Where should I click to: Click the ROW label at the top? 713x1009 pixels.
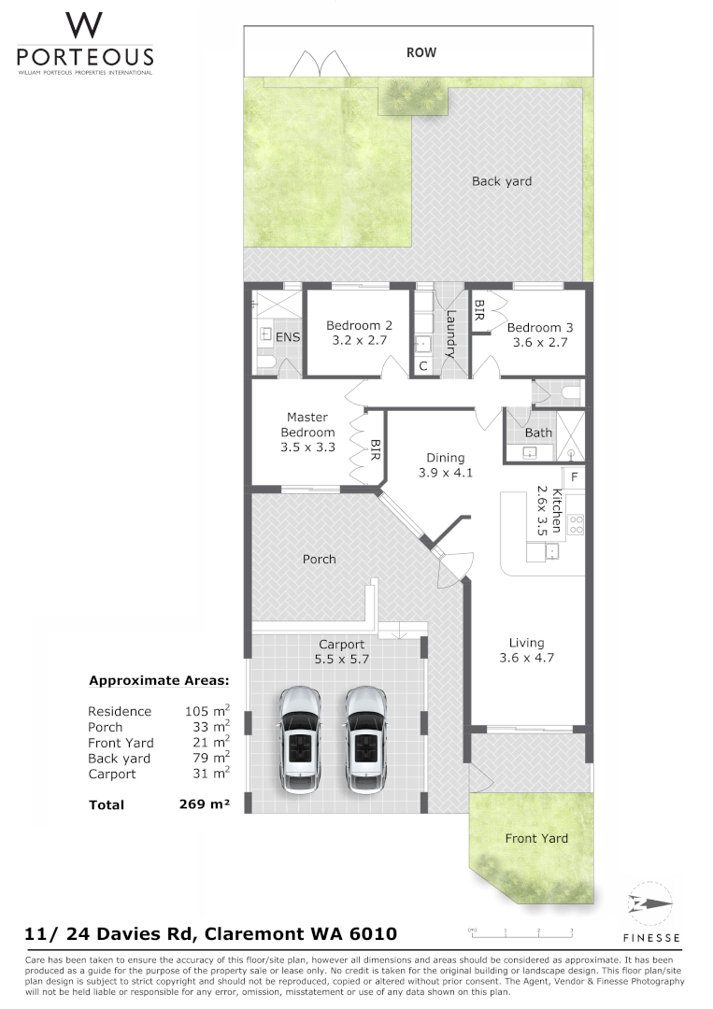pos(421,53)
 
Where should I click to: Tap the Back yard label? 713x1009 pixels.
pos(502,181)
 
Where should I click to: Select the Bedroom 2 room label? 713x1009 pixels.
pos(359,325)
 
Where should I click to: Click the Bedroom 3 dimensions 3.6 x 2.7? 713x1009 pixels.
pos(538,343)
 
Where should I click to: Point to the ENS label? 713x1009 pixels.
pos(287,337)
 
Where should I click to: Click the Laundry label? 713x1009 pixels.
pos(449,334)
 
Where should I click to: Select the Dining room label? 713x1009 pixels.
pos(445,458)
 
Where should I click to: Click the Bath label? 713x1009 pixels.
pos(538,433)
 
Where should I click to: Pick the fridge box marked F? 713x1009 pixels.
pos(574,477)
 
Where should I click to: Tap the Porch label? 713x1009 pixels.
pos(319,559)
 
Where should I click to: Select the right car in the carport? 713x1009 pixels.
pos(365,741)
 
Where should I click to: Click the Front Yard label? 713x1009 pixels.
pos(535,838)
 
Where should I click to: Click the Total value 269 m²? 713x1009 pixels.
pos(204,803)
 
